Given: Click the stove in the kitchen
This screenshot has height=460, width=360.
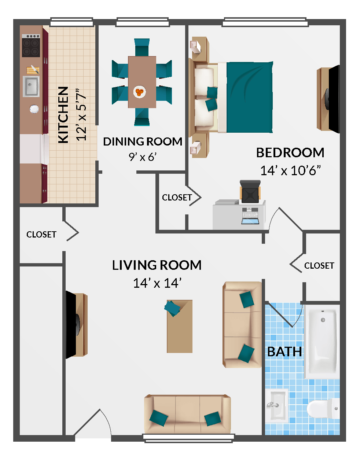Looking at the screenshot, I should tap(31, 45).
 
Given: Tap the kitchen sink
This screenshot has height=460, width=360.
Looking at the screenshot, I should tap(31, 87).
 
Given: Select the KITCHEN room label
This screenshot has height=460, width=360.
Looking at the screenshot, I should tap(63, 115).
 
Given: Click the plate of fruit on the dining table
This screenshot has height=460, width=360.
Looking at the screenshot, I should tap(139, 92).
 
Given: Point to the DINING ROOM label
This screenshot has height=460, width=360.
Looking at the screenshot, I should tap(142, 141).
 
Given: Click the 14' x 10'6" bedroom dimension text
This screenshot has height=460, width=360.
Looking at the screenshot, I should tap(290, 170).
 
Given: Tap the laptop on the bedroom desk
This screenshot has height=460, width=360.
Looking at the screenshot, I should tap(250, 216).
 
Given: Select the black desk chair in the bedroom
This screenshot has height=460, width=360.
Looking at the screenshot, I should tap(250, 191).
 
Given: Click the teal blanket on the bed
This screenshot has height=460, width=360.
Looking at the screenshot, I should tap(249, 97).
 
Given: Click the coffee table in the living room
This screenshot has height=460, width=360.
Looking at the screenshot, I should tap(180, 326).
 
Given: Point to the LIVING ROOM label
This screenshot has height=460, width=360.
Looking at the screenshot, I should tap(157, 265).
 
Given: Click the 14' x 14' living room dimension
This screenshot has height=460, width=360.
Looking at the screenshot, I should tap(157, 283).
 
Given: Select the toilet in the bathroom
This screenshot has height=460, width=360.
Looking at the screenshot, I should tap(323, 408).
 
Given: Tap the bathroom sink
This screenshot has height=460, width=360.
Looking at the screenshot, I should tap(276, 405).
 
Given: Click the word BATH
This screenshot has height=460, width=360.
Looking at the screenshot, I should tap(284, 352).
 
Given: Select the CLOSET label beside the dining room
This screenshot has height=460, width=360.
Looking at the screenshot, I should tap(177, 198).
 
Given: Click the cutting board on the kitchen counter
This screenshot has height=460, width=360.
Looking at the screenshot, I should tap(32, 70).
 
